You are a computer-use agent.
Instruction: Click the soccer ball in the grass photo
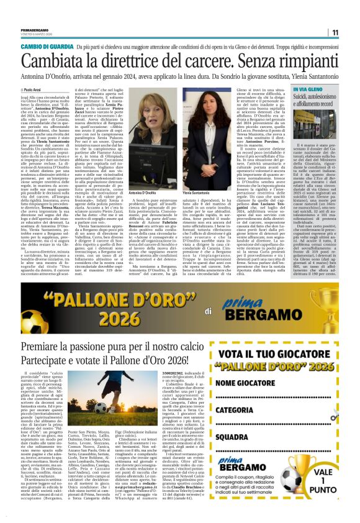click(x=101, y=406)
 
